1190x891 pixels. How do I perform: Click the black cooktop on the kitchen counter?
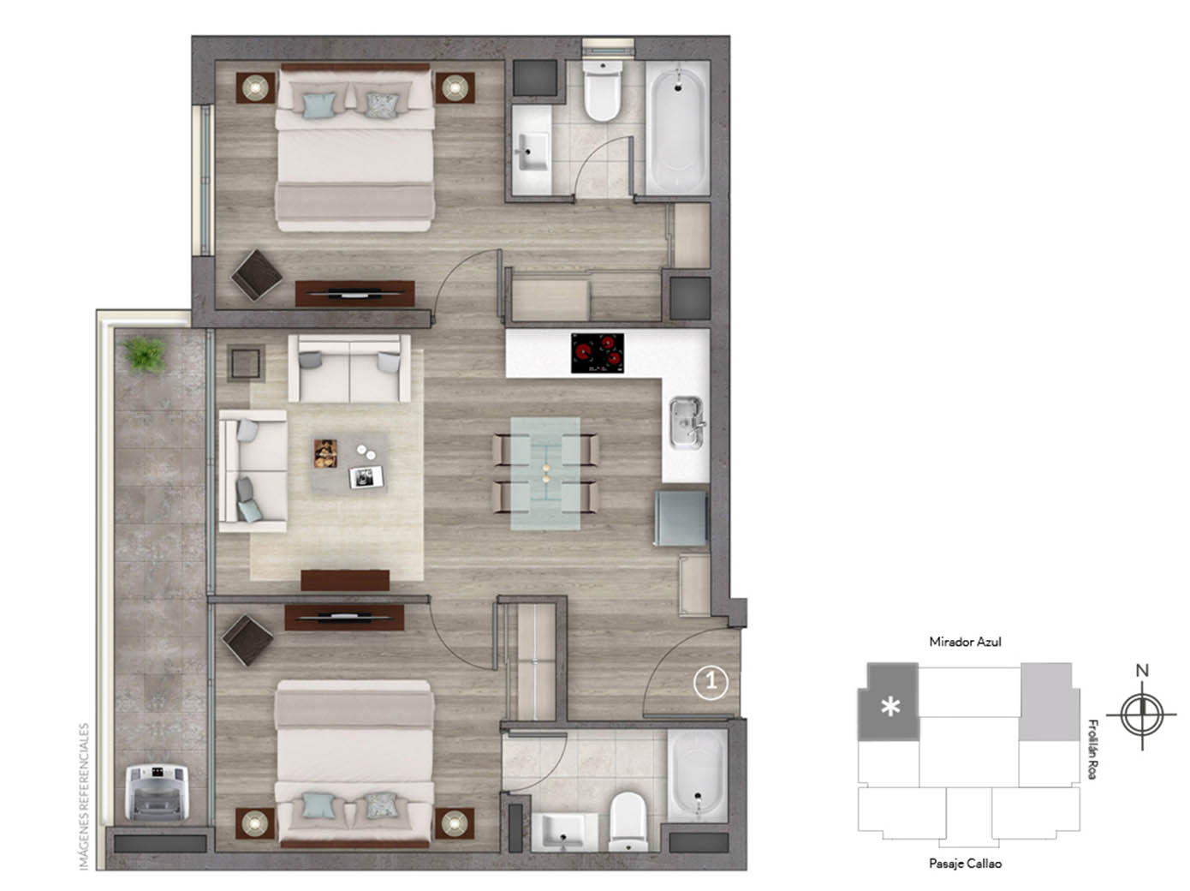pyautogui.click(x=598, y=353)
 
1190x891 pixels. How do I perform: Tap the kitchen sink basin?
pyautogui.click(x=685, y=422)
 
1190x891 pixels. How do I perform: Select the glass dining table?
pyautogui.click(x=545, y=473)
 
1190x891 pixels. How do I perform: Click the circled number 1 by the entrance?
pyautogui.click(x=711, y=682)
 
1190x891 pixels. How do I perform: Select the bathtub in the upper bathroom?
pyautogui.click(x=676, y=130)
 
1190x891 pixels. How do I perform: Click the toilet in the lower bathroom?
pyautogui.click(x=628, y=821)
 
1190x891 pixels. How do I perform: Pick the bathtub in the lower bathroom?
pyautogui.click(x=696, y=774)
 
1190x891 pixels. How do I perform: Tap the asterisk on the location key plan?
pyautogui.click(x=890, y=708)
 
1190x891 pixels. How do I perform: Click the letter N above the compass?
pyautogui.click(x=1142, y=671)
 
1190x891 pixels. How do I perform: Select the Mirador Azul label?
pyautogui.click(x=965, y=642)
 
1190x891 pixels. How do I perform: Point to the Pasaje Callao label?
pyautogui.click(x=965, y=864)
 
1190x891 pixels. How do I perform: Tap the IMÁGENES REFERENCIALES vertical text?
pyautogui.click(x=84, y=797)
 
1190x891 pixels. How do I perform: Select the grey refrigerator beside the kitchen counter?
pyautogui.click(x=681, y=517)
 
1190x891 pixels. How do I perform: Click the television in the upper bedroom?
pyautogui.click(x=354, y=294)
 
